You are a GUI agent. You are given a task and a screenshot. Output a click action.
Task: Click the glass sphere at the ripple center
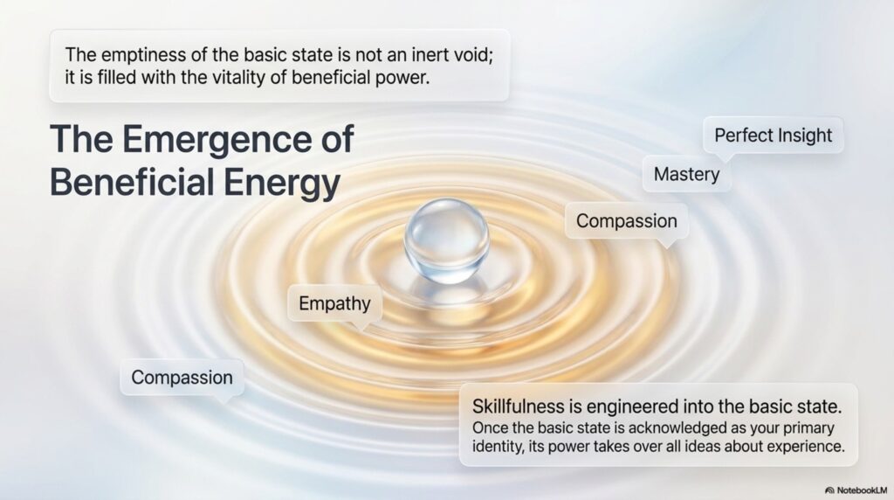click(x=446, y=241)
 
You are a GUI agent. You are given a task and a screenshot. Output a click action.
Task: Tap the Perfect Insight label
click(x=774, y=135)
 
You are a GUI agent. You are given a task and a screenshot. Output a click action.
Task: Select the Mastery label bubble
click(x=686, y=174)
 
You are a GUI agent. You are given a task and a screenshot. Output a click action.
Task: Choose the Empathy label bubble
click(x=334, y=303)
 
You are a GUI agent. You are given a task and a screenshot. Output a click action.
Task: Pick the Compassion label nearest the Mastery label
click(x=627, y=221)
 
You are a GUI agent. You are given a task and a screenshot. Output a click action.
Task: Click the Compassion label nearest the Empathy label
click(x=182, y=378)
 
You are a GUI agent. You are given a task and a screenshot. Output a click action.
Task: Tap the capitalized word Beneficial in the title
click(x=132, y=182)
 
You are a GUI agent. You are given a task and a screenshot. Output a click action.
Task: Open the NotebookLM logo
click(x=856, y=490)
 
